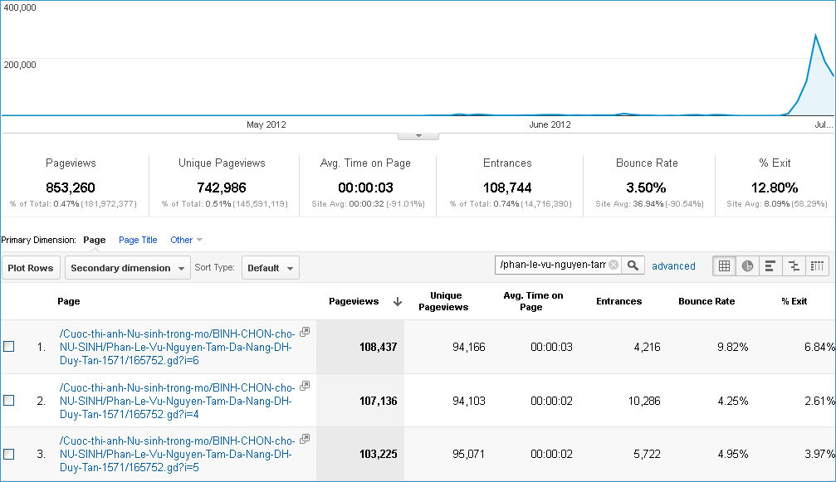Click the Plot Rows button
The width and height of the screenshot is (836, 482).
pyautogui.click(x=31, y=268)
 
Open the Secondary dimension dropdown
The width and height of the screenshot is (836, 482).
pyautogui.click(x=127, y=268)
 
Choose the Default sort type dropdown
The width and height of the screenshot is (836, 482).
pyautogui.click(x=271, y=268)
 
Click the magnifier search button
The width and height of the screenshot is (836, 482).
pyautogui.click(x=633, y=265)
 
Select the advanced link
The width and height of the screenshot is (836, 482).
pyautogui.click(x=673, y=265)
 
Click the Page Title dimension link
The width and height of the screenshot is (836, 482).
pyautogui.click(x=138, y=240)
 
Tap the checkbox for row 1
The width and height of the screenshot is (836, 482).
pyautogui.click(x=9, y=347)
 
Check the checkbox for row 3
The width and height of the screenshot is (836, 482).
pyautogui.click(x=9, y=455)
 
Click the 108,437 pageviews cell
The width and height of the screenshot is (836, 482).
pyautogui.click(x=378, y=348)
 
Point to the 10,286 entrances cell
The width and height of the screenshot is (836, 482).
pyautogui.click(x=644, y=401)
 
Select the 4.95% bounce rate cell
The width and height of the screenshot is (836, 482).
pyautogui.click(x=732, y=455)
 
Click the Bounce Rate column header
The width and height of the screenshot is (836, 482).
pyautogui.click(x=706, y=301)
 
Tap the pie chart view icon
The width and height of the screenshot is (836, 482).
pyautogui.click(x=747, y=265)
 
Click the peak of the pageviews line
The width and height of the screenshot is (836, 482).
pyautogui.click(x=815, y=35)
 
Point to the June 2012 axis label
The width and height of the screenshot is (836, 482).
pyautogui.click(x=550, y=124)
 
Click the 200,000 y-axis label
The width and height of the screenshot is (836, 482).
pyautogui.click(x=20, y=65)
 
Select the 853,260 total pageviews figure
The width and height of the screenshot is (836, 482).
pyautogui.click(x=71, y=187)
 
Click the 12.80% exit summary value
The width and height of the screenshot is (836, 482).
pyautogui.click(x=775, y=187)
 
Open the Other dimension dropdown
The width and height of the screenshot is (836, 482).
pyautogui.click(x=186, y=240)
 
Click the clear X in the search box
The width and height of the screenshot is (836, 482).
pyautogui.click(x=614, y=265)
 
